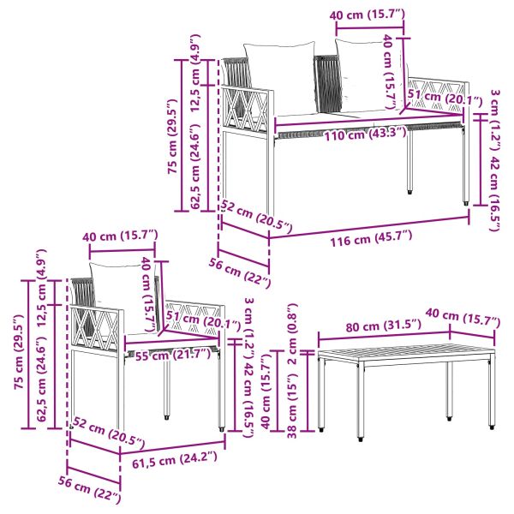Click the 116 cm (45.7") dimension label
click(371, 239)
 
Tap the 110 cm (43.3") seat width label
click(366, 134)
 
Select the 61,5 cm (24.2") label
click(175, 459)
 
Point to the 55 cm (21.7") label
click(173, 355)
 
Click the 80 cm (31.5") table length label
click(383, 326)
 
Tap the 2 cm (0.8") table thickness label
click(291, 334)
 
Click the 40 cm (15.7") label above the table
click(463, 317)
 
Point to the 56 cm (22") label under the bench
click(240, 272)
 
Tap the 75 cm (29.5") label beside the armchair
click(19, 352)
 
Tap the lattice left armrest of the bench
click(246, 110)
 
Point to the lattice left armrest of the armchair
click(96, 328)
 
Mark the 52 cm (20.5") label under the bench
click(256, 217)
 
